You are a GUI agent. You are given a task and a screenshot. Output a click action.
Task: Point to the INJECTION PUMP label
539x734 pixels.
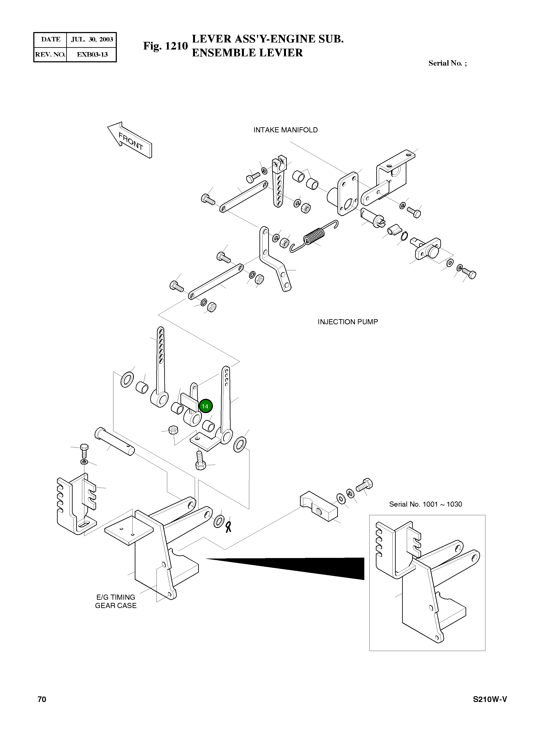point(348,322)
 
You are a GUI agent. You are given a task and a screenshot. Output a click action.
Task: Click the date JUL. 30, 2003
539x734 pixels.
point(92,39)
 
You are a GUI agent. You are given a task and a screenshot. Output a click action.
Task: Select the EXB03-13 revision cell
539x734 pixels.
point(92,54)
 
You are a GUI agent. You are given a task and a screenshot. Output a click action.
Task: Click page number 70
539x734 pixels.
point(42,699)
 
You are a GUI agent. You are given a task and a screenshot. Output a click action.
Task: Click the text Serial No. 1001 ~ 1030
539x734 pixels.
point(425,504)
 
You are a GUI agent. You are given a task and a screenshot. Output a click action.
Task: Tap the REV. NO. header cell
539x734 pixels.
point(50,54)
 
